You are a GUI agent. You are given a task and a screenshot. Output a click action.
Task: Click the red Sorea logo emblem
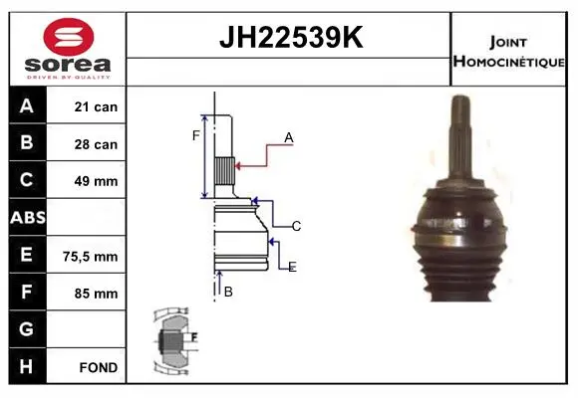pos(68,37)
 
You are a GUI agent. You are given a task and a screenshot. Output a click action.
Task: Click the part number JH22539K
pos(291,37)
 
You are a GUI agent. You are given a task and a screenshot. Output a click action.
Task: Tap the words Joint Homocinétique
pos(508,52)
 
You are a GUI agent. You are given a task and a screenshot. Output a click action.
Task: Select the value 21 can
pos(96,106)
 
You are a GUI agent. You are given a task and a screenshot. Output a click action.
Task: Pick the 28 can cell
pos(96,144)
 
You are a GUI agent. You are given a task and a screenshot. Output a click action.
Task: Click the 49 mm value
pos(96,181)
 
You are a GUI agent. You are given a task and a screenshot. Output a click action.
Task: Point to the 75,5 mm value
pos(91,257)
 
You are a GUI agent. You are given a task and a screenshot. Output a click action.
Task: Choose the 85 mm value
pos(96,294)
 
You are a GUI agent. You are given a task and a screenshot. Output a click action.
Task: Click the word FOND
pos(99,367)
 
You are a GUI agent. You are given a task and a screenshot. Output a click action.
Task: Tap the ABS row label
pos(28,218)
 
